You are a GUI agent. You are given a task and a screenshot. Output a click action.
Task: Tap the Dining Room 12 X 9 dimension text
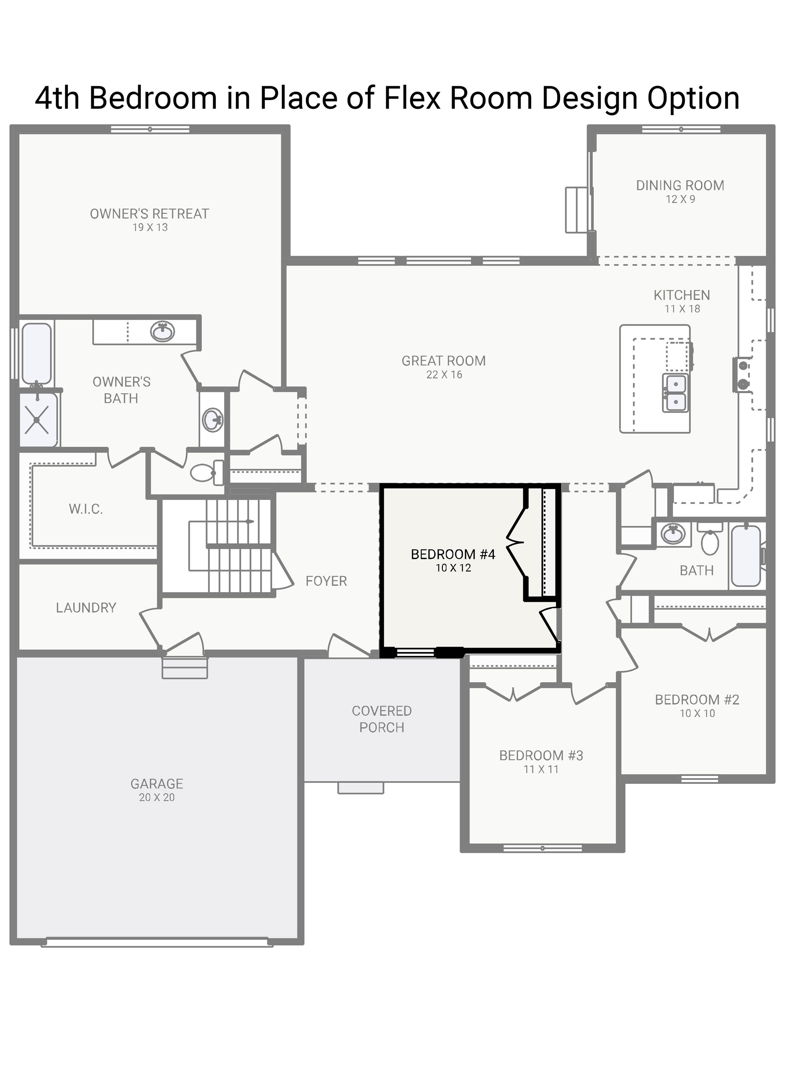(680, 199)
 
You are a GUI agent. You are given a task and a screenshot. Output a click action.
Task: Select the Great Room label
(444, 361)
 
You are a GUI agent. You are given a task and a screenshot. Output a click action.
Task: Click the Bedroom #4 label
(453, 554)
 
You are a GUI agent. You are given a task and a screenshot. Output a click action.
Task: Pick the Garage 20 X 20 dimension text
(157, 797)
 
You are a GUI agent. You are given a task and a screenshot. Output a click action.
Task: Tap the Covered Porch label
(382, 719)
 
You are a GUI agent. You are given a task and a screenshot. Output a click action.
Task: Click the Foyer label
(326, 581)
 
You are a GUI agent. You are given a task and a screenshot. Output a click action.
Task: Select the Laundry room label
(86, 608)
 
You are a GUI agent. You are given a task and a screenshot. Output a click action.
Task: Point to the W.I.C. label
(85, 509)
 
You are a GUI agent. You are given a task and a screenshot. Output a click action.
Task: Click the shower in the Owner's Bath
(38, 420)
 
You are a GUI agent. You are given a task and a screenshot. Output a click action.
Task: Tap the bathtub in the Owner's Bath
(36, 354)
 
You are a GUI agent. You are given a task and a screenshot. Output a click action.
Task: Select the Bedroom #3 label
(541, 756)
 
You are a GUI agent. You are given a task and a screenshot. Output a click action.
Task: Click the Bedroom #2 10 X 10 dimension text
(697, 714)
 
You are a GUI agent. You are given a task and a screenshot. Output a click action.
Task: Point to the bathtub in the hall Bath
(746, 555)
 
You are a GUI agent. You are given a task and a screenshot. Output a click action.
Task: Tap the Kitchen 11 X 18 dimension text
(682, 309)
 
